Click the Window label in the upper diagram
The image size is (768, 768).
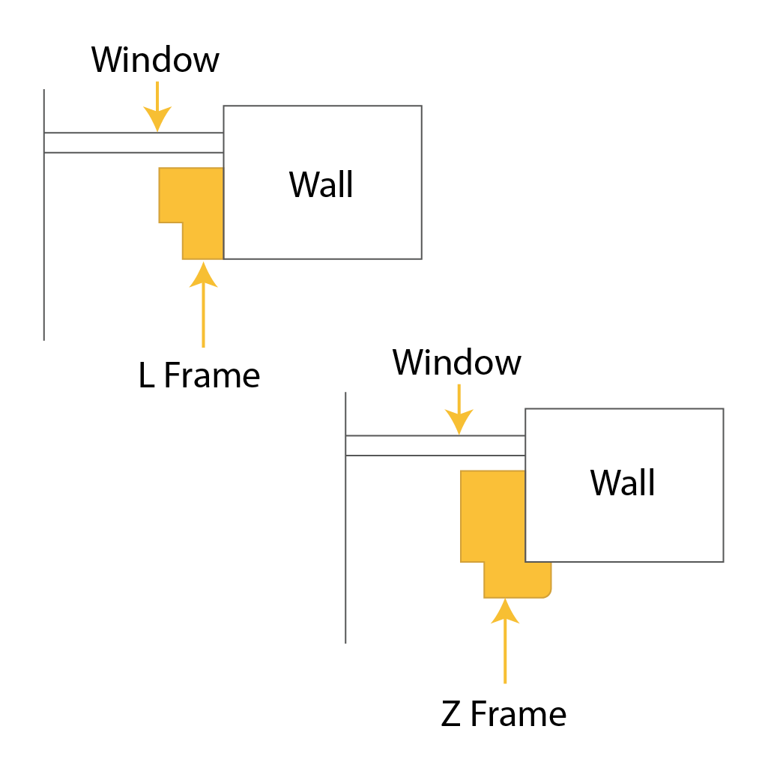(x=155, y=60)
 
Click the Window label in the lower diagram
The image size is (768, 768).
(x=456, y=363)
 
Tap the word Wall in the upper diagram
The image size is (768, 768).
(x=321, y=184)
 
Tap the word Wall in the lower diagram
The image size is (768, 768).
(x=622, y=483)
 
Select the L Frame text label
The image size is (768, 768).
(x=199, y=375)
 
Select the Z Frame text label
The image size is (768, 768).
(x=504, y=714)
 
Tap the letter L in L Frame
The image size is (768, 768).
(x=146, y=375)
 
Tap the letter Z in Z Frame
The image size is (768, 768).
(x=450, y=714)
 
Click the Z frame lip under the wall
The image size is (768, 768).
(x=539, y=579)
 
